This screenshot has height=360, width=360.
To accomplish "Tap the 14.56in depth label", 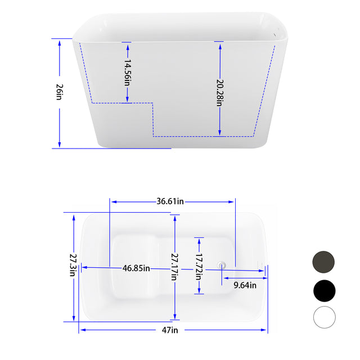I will [x=127, y=72].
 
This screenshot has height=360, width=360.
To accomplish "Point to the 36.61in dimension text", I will [x=172, y=201].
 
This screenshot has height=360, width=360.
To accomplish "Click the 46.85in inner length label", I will [x=136, y=268].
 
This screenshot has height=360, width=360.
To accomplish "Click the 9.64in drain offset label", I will [x=245, y=285].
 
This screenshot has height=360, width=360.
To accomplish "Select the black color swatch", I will [x=323, y=290].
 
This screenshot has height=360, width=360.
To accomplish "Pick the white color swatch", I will [x=323, y=318].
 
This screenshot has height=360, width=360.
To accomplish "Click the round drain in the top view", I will [x=222, y=264].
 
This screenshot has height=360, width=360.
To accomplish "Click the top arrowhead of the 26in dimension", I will [x=59, y=41].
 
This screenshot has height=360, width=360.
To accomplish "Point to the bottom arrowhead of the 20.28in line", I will [x=219, y=133].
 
